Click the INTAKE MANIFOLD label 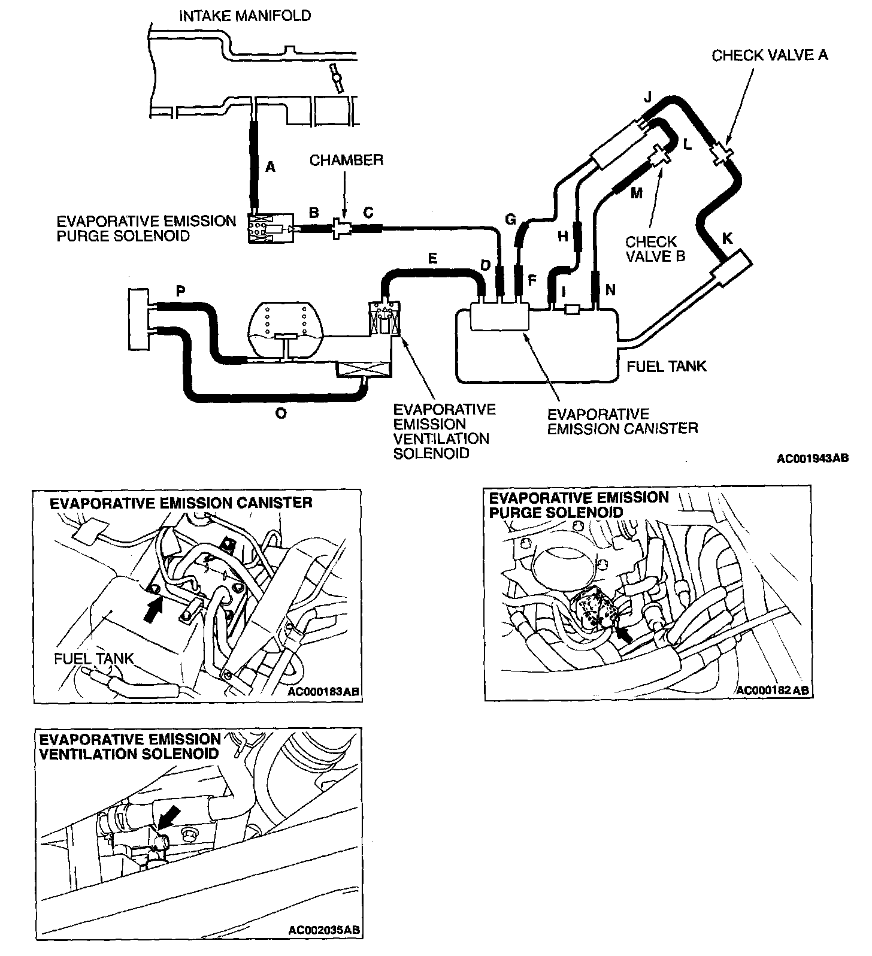click(245, 16)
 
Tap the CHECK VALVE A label click(770, 55)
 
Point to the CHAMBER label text click(346, 160)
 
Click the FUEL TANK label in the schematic click(666, 365)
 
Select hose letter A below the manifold click(270, 168)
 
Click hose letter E click(432, 259)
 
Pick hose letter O click(280, 413)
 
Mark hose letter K click(727, 238)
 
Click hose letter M click(636, 193)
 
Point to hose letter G click(510, 220)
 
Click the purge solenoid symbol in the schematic click(269, 228)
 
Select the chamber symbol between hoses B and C click(342, 228)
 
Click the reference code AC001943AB click(812, 459)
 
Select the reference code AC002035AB click(323, 947)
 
